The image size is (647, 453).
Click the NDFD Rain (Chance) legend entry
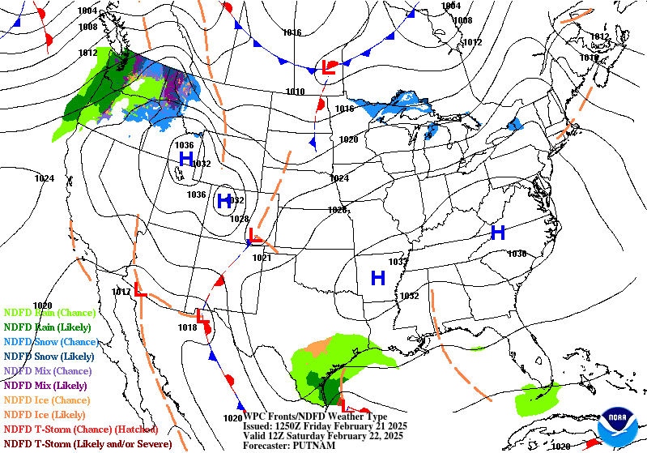[49, 312]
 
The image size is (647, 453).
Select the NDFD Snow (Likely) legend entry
[48, 356]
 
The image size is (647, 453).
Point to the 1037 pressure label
[397, 262]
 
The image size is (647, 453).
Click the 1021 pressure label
[262, 258]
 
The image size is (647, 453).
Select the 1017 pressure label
[121, 292]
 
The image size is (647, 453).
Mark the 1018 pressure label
[187, 327]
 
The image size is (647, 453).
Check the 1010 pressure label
[296, 92]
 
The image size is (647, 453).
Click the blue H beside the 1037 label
[377, 279]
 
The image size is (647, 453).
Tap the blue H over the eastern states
[498, 233]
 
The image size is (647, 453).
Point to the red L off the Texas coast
[345, 405]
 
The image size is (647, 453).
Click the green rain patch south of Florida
[538, 397]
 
